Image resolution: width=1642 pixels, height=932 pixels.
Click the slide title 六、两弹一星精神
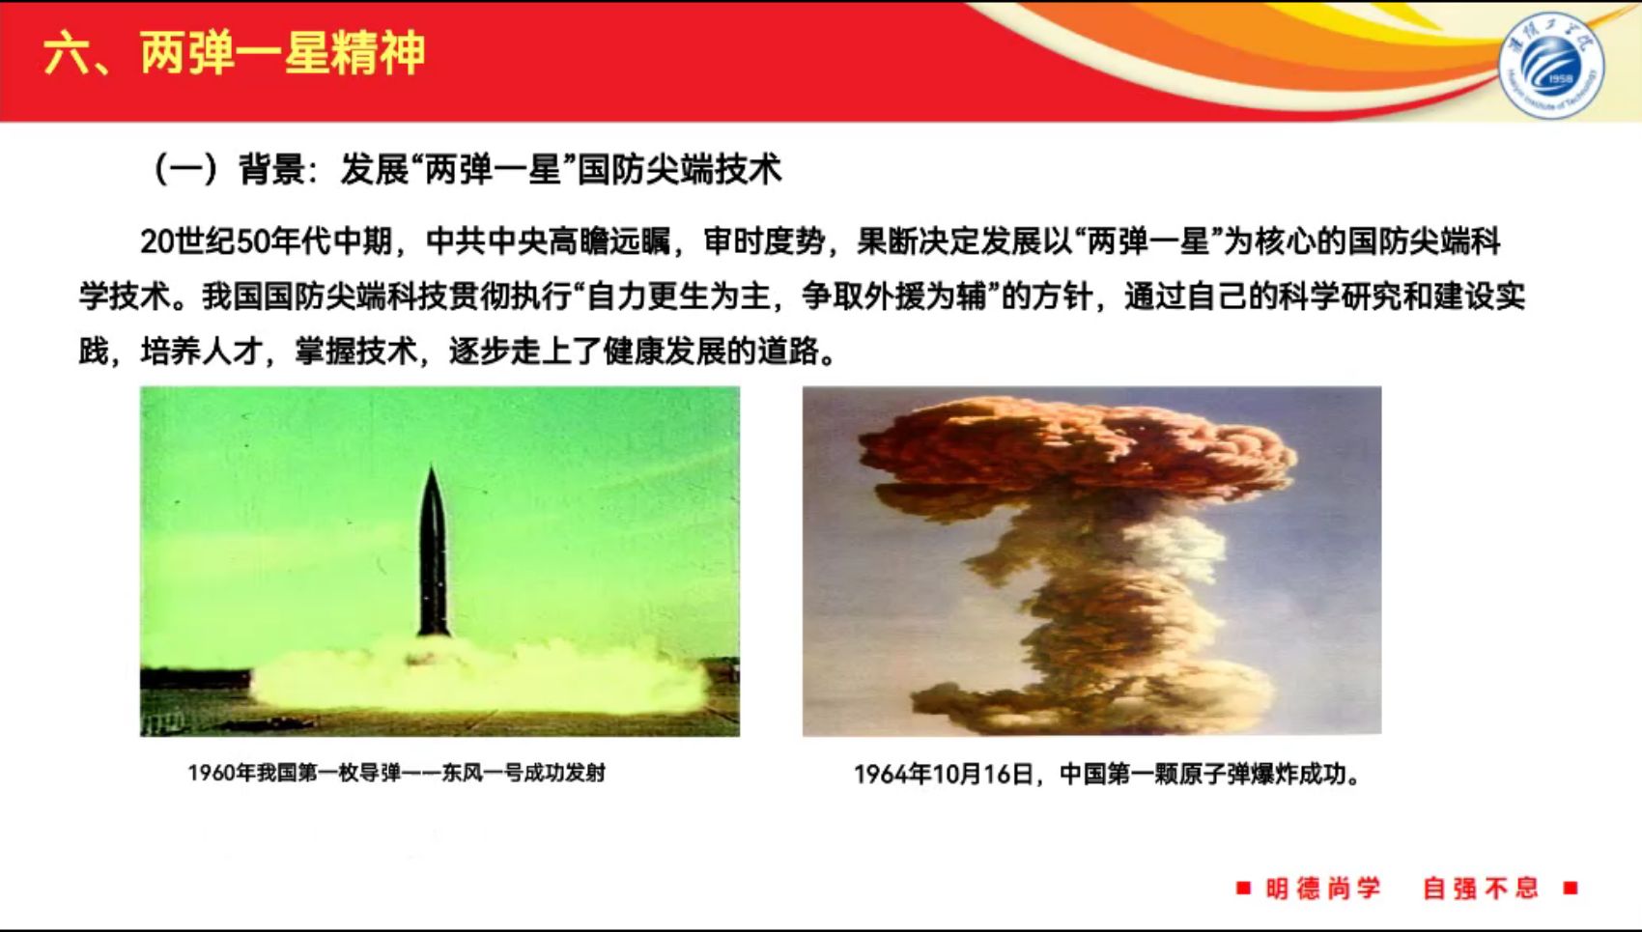coord(235,53)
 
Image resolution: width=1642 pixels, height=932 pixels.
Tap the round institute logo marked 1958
coord(1551,65)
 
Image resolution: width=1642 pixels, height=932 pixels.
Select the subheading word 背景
coord(271,170)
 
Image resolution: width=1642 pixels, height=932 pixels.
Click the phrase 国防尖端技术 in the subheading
coord(680,170)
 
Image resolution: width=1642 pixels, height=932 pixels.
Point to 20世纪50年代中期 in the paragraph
coord(266,241)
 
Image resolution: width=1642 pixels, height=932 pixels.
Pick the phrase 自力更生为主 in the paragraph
coord(679,297)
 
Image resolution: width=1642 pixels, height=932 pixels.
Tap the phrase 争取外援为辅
coord(893,297)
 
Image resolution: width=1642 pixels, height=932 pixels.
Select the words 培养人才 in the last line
coord(202,352)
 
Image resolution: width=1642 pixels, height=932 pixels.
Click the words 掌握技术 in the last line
coord(355,352)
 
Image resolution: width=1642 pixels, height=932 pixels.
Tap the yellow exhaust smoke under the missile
coord(476,678)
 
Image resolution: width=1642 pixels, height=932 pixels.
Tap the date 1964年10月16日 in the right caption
coord(944,774)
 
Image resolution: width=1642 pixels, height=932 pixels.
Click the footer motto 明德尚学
coord(1323,889)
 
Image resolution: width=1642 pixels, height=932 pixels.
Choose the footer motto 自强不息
coord(1480,889)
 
